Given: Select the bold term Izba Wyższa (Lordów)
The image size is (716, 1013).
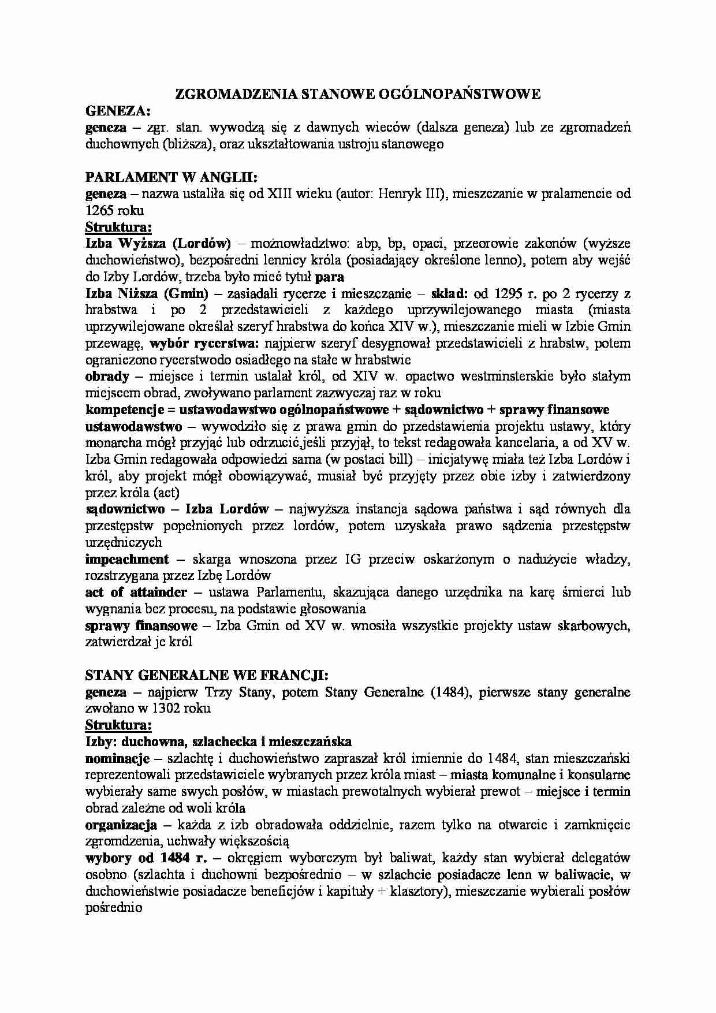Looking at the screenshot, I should point(158,244).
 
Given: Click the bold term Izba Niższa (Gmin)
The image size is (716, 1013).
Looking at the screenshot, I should point(152,293).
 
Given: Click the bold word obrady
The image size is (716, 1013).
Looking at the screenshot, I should point(107,377).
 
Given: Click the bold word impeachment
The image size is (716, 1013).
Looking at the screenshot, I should point(127,560).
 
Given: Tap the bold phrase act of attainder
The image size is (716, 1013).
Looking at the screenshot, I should point(136,593).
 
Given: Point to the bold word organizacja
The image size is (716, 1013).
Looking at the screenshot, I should point(121,825).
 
